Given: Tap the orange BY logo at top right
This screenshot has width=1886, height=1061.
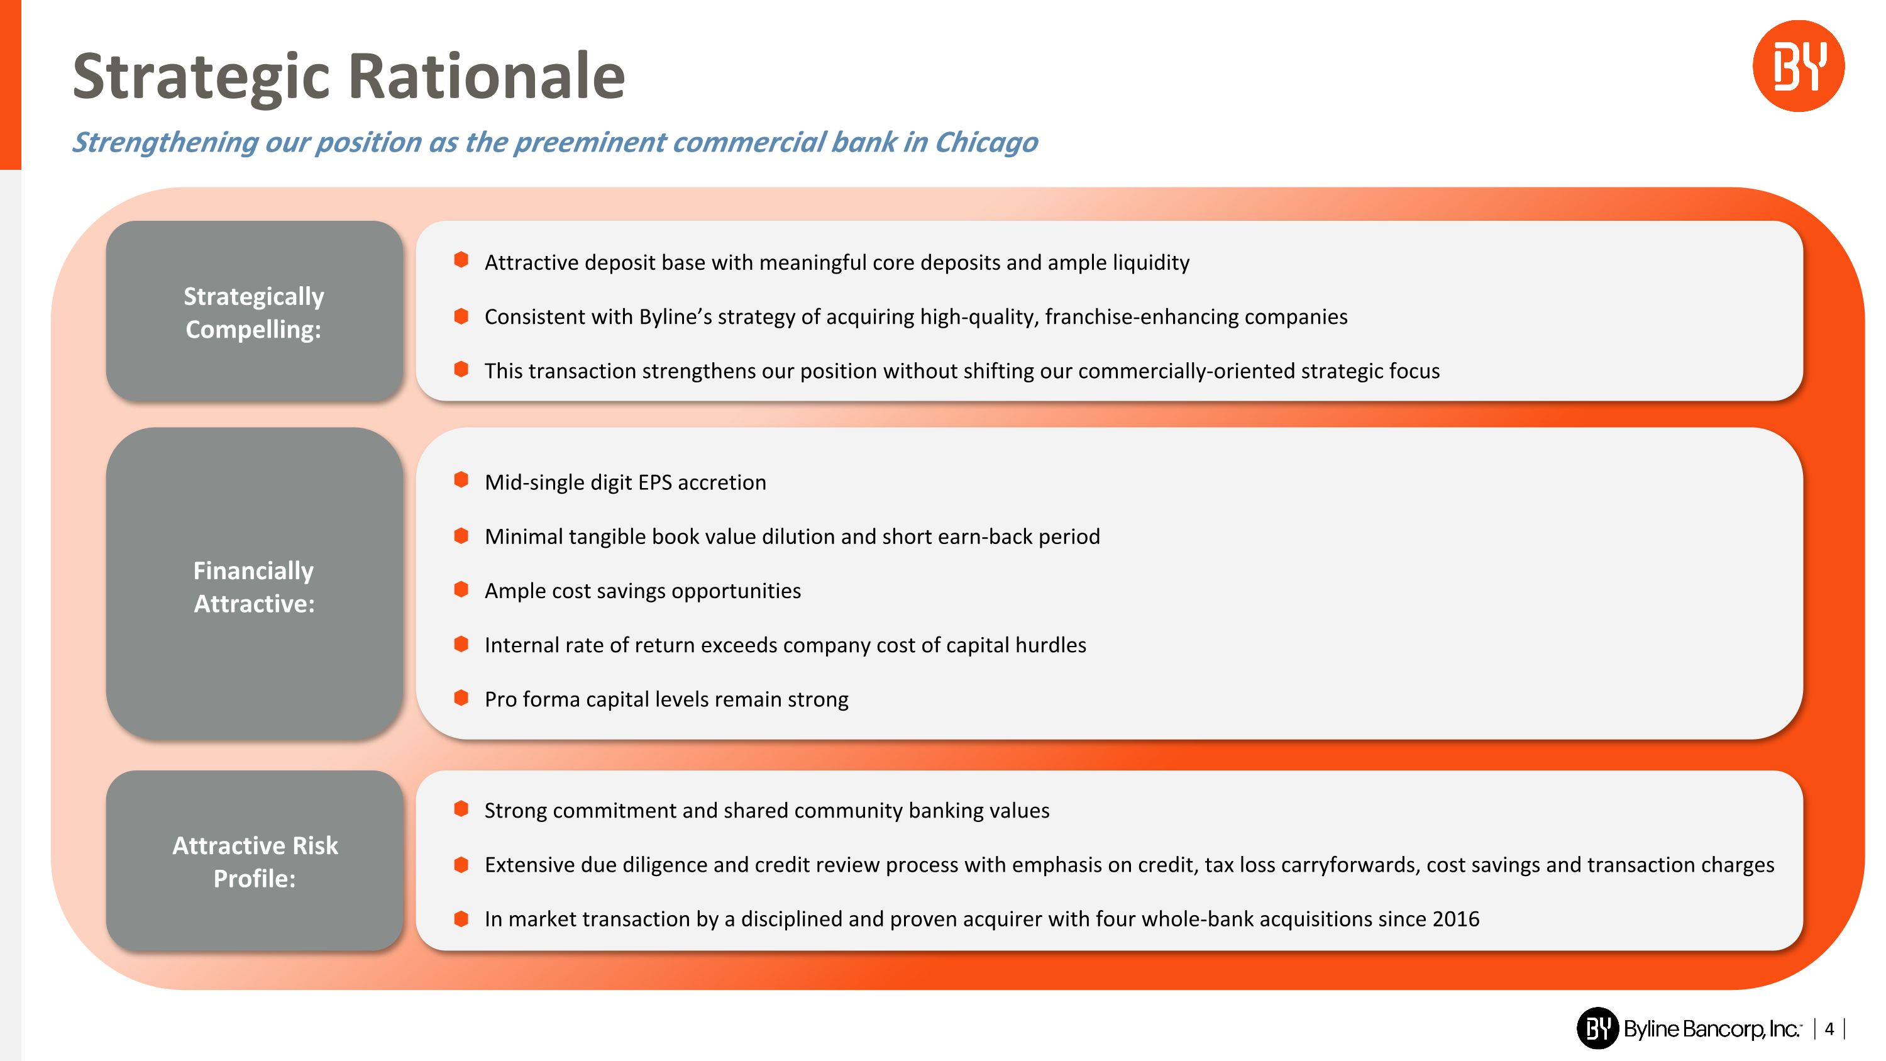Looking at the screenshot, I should coord(1797,66).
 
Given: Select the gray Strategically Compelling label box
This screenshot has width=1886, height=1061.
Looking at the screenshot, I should coord(254,312).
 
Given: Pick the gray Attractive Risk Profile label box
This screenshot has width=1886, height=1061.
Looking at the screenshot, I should coord(254,861).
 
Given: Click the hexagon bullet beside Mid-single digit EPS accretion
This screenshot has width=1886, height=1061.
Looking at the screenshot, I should coord(461,481).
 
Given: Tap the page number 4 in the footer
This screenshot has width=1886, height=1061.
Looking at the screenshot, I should coord(1829,1029).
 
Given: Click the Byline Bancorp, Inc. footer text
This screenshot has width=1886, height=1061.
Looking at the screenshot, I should coord(1712,1029).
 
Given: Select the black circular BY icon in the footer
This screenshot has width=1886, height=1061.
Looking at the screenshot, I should coord(1597,1028).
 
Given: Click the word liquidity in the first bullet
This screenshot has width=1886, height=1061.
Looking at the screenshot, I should coord(1151,263).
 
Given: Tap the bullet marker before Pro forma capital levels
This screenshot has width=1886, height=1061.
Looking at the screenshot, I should coord(461,698).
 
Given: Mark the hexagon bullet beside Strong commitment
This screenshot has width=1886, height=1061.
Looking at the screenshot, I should coord(461,808).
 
